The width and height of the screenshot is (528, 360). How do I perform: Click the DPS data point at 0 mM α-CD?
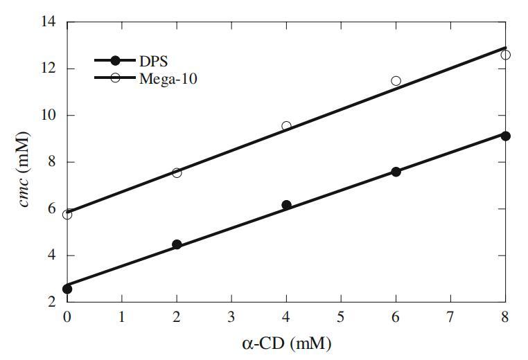click(x=67, y=289)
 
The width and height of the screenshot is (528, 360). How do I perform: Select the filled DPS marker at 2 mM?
click(x=177, y=244)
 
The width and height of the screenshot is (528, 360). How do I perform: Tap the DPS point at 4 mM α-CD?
click(x=286, y=205)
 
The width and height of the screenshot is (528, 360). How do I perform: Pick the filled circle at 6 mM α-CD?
click(x=396, y=172)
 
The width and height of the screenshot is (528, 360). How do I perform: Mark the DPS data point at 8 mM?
click(x=505, y=136)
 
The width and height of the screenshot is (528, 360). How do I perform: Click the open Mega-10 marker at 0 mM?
click(x=67, y=215)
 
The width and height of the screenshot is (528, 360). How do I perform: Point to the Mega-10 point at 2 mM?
click(x=177, y=172)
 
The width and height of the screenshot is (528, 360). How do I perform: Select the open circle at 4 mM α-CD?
click(x=286, y=126)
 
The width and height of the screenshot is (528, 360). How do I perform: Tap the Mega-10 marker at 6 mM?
click(x=396, y=81)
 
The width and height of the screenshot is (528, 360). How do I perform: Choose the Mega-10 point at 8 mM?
click(x=505, y=55)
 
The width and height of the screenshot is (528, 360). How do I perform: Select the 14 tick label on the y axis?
click(x=50, y=22)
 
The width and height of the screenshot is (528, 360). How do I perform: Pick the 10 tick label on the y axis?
click(x=50, y=116)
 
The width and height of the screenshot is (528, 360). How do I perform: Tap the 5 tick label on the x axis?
click(x=341, y=318)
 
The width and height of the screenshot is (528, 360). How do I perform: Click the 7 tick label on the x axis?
click(x=450, y=318)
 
